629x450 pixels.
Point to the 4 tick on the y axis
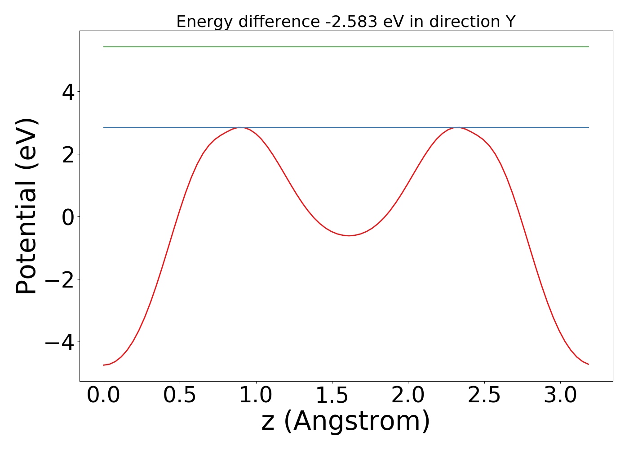pyautogui.click(x=68, y=92)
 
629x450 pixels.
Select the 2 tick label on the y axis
pyautogui.click(x=68, y=154)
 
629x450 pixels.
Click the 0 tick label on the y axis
pyautogui.click(x=68, y=217)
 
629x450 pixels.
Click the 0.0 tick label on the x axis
pyautogui.click(x=104, y=395)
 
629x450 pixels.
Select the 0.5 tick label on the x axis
pyautogui.click(x=180, y=395)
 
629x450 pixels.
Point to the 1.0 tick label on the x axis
pyautogui.click(x=256, y=395)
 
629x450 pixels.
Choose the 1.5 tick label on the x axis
pyautogui.click(x=332, y=395)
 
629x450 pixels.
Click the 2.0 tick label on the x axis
pyautogui.click(x=408, y=395)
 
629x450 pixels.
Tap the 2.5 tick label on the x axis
pyautogui.click(x=484, y=395)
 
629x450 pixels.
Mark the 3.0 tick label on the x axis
pyautogui.click(x=560, y=395)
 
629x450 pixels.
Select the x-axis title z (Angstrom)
pyautogui.click(x=346, y=421)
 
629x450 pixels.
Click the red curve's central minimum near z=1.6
pyautogui.click(x=349, y=235)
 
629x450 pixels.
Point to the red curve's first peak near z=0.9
pyautogui.click(x=241, y=128)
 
